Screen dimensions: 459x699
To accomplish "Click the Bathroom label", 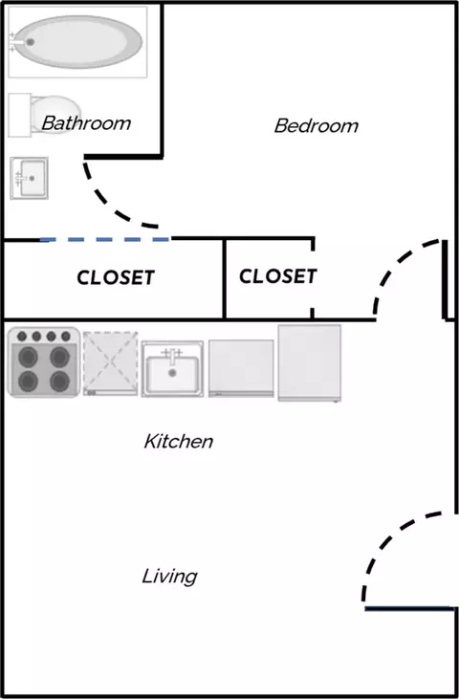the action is [86, 123].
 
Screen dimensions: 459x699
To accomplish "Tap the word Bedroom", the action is [316, 125].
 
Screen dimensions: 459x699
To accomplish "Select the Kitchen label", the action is [178, 442].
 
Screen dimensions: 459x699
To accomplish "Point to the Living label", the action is [170, 577].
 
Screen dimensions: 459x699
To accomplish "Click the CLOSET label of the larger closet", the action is [116, 277].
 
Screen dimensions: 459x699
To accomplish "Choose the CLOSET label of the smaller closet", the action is [277, 276].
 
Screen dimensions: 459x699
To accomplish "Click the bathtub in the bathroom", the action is [77, 42].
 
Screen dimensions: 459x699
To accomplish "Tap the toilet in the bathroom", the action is [45, 115].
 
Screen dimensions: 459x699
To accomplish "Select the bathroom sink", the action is [29, 178].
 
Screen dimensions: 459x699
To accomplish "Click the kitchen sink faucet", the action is [172, 356].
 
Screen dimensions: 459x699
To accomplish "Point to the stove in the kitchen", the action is [44, 362].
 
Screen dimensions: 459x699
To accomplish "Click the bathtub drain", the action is [31, 42].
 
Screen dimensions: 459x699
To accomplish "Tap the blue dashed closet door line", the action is [105, 240].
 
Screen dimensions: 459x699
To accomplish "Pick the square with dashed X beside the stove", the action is [110, 363].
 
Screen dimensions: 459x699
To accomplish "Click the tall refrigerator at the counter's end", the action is [310, 362].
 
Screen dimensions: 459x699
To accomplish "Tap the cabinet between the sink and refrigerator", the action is [241, 368].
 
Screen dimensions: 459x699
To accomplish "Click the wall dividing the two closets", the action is [224, 279].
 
